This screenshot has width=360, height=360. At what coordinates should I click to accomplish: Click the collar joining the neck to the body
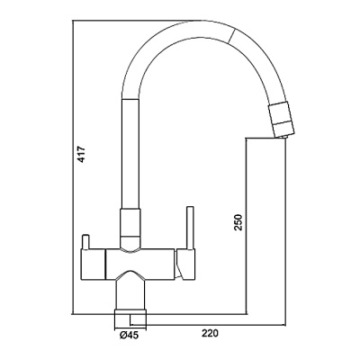(x=129, y=225)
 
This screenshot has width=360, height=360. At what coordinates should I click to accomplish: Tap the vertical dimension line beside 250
(x=248, y=225)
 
